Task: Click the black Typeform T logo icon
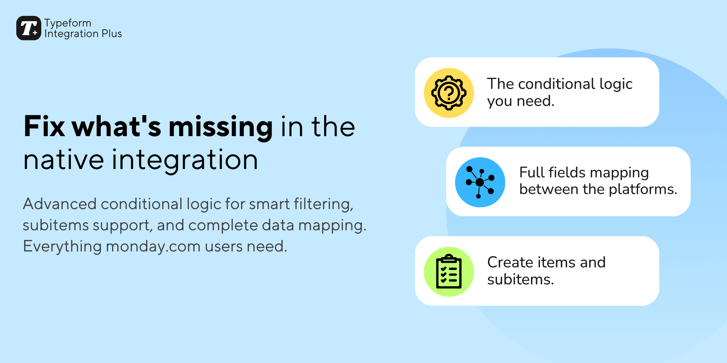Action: (28, 28)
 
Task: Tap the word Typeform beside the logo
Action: (68, 23)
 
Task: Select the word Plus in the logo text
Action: (112, 34)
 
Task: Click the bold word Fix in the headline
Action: (44, 126)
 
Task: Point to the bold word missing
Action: (221, 127)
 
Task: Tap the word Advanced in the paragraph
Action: (60, 204)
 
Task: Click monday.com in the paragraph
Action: (153, 247)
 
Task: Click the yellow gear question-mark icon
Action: (449, 93)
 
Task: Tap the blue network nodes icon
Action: (480, 182)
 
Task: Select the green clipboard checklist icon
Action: (449, 272)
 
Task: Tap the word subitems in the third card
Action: (520, 280)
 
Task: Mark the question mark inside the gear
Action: (449, 93)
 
